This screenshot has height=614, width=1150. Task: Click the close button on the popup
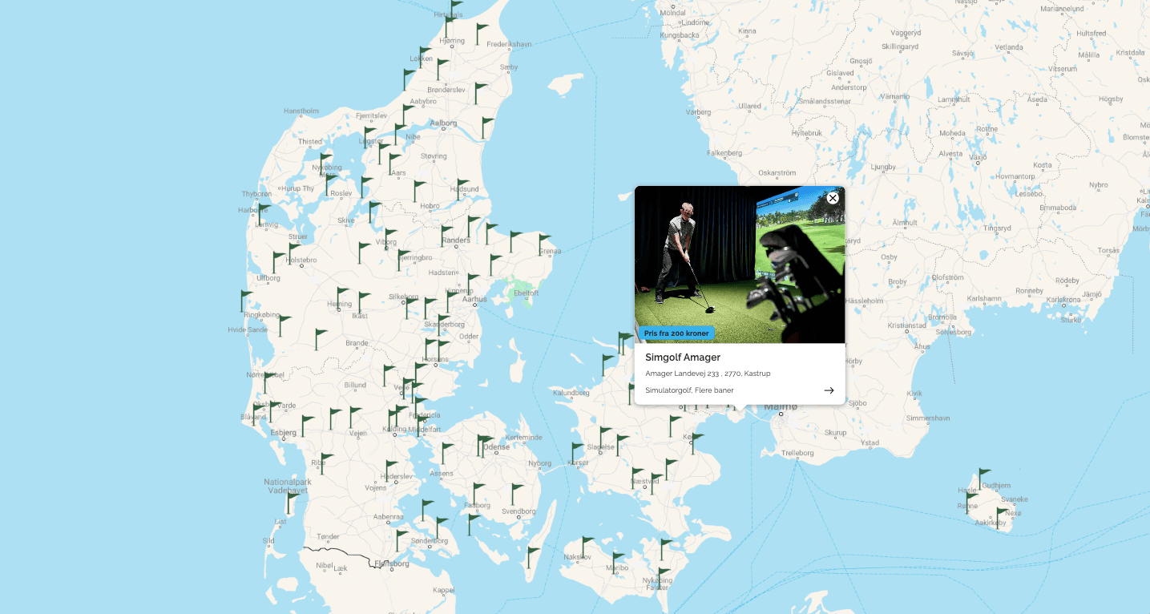833,198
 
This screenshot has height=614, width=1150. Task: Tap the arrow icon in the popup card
829,390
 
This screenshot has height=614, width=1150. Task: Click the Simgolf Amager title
683,357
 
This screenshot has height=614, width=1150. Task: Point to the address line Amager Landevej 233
708,374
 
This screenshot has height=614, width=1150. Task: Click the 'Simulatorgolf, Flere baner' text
689,390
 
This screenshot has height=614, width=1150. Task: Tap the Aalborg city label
443,123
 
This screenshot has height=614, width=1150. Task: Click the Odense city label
497,447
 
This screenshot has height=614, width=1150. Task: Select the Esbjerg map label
283,433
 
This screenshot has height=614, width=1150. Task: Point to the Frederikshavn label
509,44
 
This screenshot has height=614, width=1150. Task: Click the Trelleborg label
797,453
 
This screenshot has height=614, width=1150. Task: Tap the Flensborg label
392,564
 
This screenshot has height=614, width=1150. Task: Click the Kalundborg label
571,393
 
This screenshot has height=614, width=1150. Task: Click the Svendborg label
518,511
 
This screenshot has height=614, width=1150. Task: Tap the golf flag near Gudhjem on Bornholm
983,477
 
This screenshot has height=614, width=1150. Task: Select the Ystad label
870,442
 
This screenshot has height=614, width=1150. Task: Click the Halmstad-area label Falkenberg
724,152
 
